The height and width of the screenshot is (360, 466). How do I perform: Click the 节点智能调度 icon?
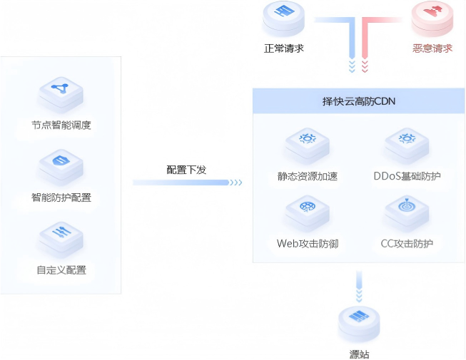tap(61, 93)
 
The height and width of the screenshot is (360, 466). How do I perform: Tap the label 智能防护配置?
tap(61, 197)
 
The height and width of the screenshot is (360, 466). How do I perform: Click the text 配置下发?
tap(186, 170)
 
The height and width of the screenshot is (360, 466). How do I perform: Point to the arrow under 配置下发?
tap(188, 182)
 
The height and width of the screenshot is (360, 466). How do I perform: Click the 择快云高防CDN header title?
tap(359, 101)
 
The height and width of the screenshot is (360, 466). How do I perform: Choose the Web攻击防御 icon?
tap(308, 211)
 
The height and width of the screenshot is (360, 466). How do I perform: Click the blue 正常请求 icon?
tap(284, 18)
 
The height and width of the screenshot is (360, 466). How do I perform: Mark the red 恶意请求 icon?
tap(432, 18)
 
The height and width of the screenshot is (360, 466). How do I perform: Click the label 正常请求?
tap(284, 48)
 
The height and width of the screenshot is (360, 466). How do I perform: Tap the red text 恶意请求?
tap(432, 48)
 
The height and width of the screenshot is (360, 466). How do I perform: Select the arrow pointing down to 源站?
tap(360, 286)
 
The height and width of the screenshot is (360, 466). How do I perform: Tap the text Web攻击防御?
tap(308, 244)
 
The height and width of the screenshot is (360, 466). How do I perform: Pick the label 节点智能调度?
tap(61, 125)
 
